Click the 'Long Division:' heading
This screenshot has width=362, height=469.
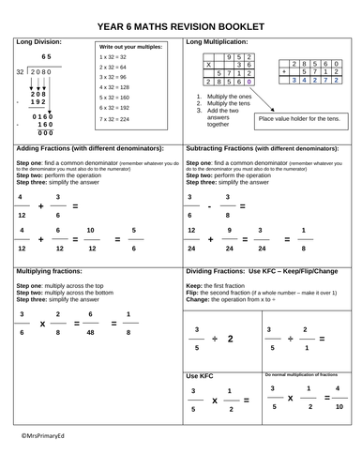[x=40, y=43]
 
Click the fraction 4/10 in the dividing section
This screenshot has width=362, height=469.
[x=339, y=399]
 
